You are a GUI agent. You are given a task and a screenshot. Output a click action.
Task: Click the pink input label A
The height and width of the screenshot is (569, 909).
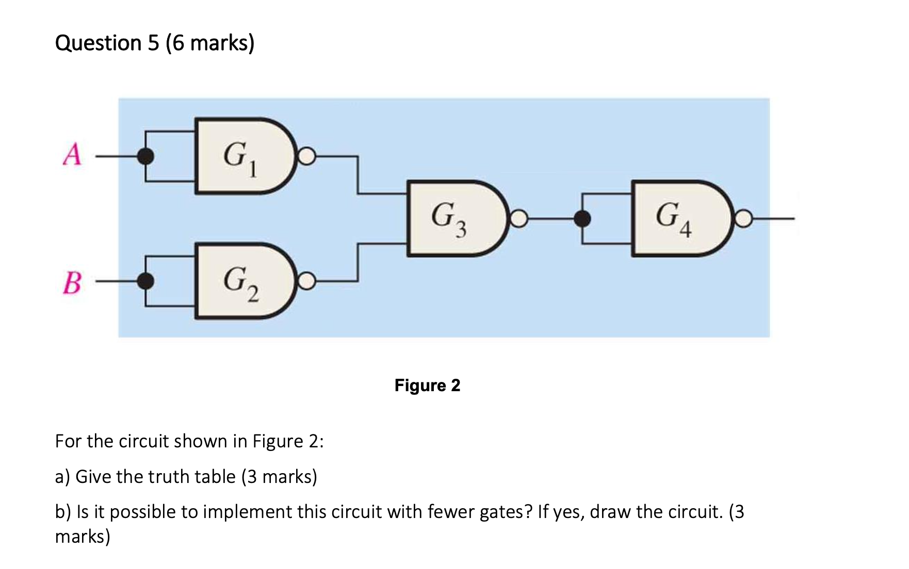click(x=72, y=154)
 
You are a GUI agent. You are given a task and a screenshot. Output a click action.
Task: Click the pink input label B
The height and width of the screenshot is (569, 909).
click(x=72, y=283)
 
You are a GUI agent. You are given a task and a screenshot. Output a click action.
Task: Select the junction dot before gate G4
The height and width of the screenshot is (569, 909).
click(x=582, y=219)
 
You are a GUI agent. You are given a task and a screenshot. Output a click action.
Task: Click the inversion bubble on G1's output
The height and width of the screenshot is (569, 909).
click(x=306, y=156)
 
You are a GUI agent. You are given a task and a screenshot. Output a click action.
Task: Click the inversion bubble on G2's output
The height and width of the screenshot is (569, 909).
click(x=306, y=281)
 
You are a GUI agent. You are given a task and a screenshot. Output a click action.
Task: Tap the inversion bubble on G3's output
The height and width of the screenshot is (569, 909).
click(x=519, y=219)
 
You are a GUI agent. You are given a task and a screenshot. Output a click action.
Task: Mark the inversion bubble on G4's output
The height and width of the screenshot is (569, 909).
click(x=743, y=219)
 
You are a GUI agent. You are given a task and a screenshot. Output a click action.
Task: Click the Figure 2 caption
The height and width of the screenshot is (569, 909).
click(x=427, y=386)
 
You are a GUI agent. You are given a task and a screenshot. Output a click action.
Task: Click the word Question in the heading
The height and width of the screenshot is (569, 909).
click(x=98, y=43)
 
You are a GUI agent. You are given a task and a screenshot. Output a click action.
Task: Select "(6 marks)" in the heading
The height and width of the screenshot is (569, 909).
click(x=210, y=43)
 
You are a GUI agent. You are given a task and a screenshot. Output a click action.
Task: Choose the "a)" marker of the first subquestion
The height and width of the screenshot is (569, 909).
click(x=62, y=477)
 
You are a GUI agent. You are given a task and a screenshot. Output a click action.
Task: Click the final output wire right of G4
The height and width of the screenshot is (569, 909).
click(x=774, y=219)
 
